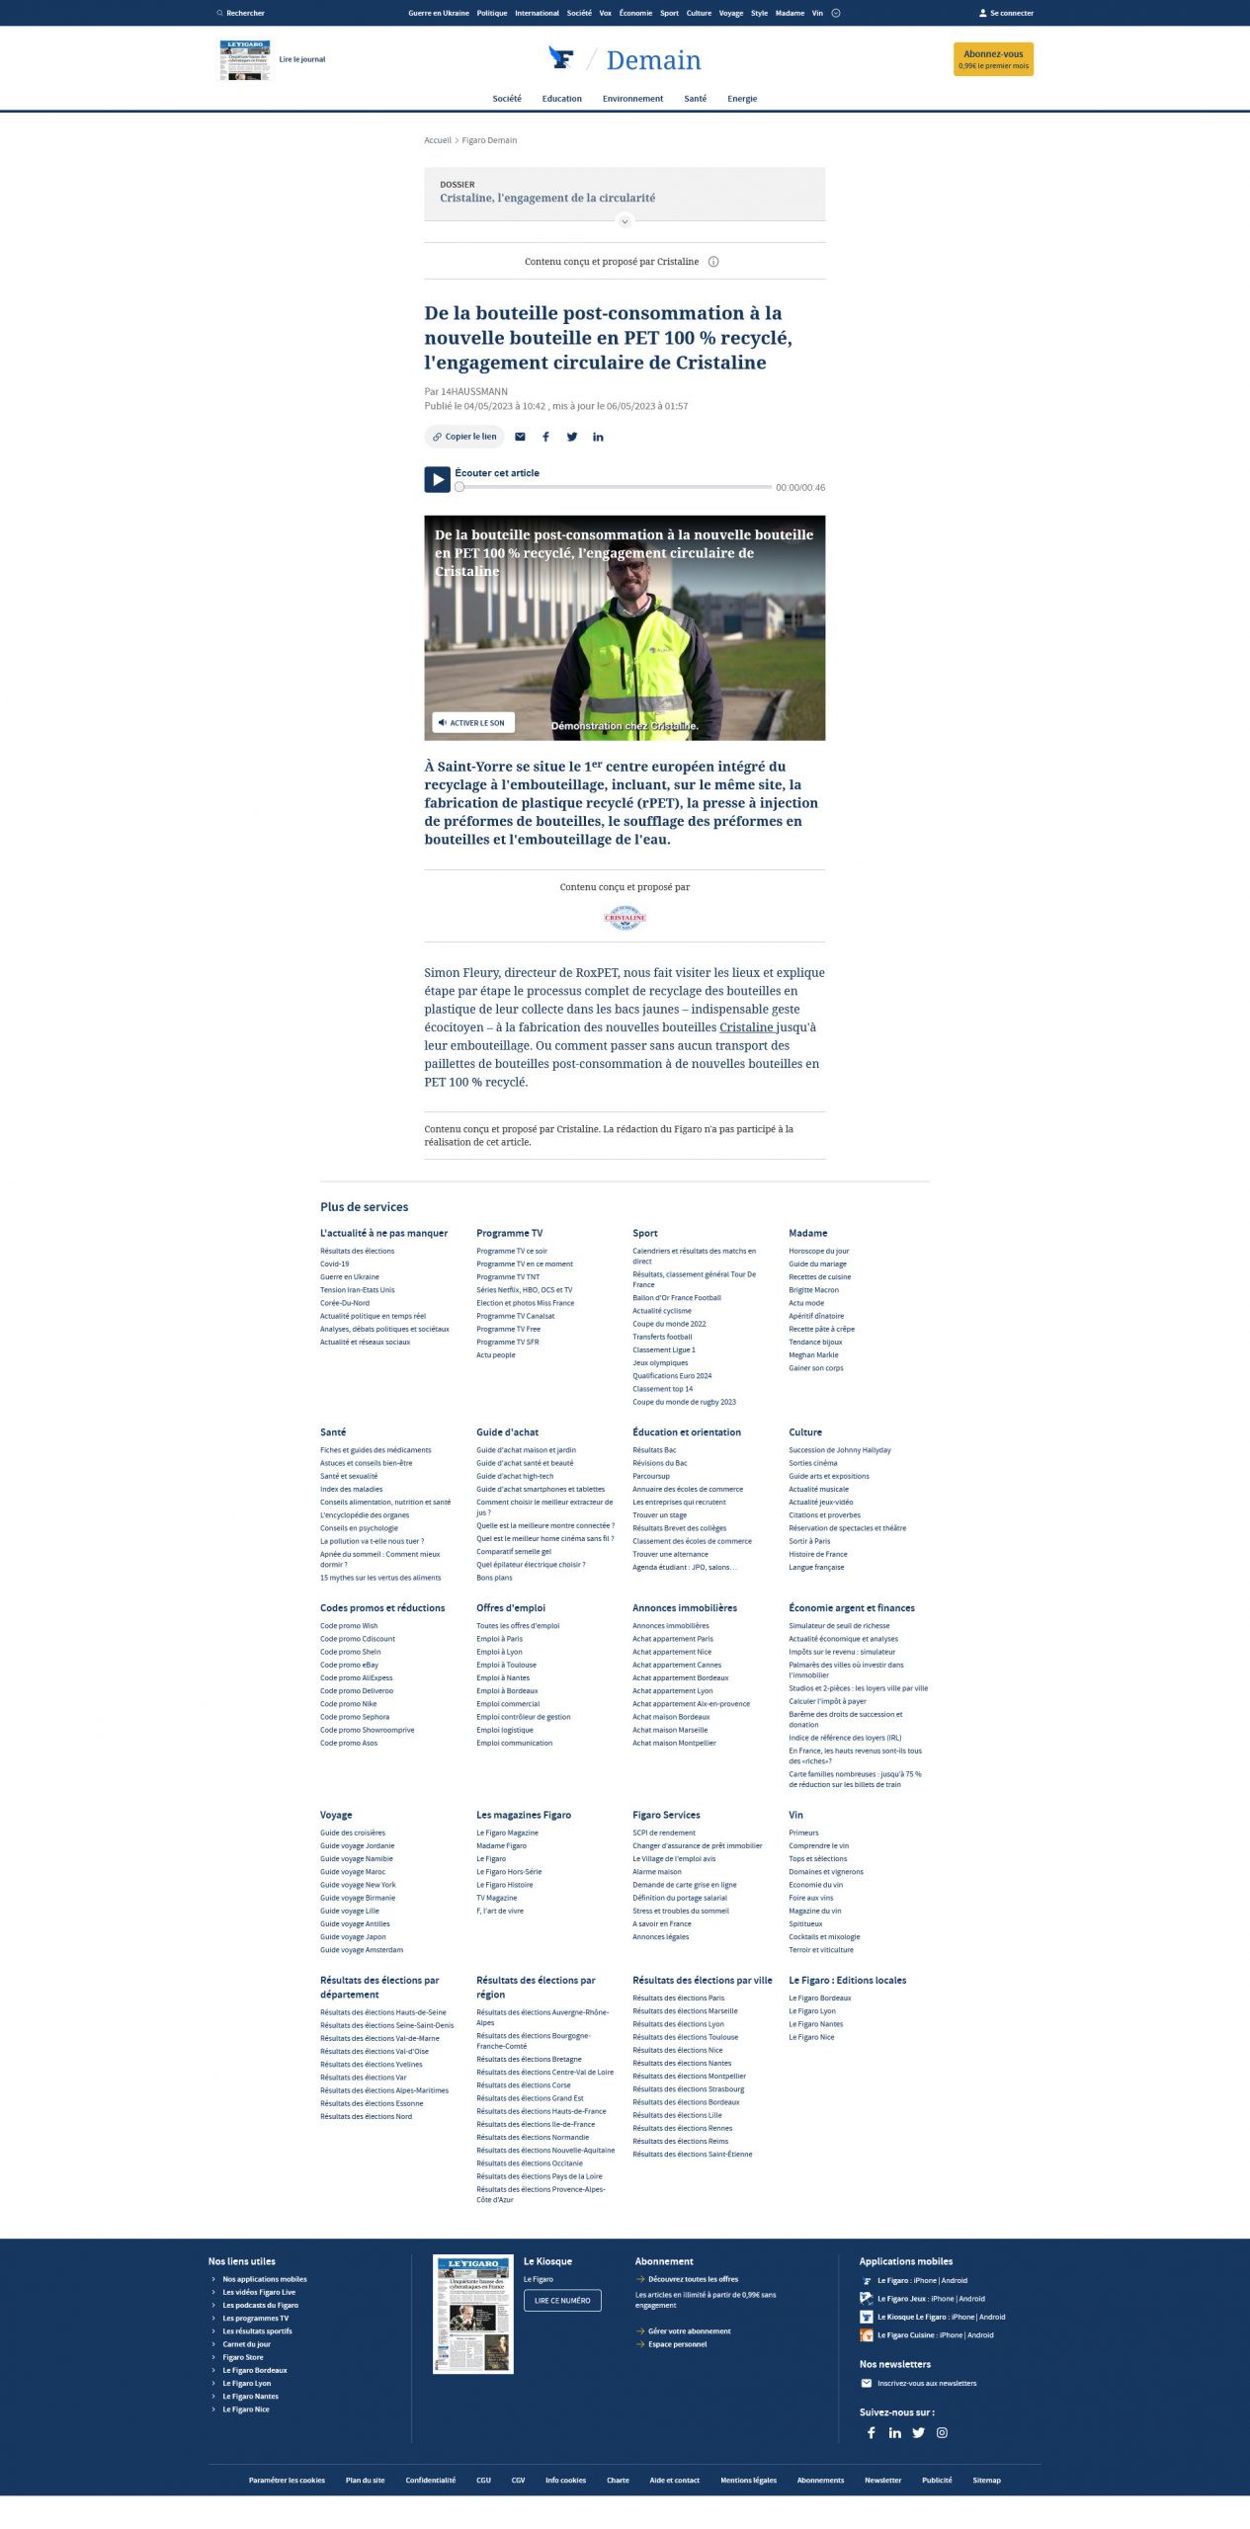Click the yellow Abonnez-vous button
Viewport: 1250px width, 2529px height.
(993, 59)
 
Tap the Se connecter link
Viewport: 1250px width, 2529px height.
(1006, 14)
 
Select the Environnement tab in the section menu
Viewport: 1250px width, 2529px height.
(632, 99)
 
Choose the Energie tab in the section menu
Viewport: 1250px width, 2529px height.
(742, 99)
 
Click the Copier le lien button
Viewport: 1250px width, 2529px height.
(464, 437)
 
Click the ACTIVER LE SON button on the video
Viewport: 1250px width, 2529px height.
(472, 723)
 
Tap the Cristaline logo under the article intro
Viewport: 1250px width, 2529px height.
(625, 918)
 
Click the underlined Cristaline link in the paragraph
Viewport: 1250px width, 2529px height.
(746, 1027)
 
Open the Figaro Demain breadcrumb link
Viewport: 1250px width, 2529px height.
(489, 140)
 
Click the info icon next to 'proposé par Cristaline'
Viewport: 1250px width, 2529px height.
(713, 262)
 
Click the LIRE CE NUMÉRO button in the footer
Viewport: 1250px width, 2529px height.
(562, 2300)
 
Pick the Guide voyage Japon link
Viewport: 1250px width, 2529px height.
(353, 1936)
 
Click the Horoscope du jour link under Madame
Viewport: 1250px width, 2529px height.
(818, 1251)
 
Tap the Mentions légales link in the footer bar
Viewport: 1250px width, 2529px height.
(748, 2480)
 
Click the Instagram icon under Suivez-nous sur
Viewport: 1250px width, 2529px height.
(942, 2432)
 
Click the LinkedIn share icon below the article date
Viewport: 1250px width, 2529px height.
(598, 437)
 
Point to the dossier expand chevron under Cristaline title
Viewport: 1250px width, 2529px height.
(625, 221)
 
